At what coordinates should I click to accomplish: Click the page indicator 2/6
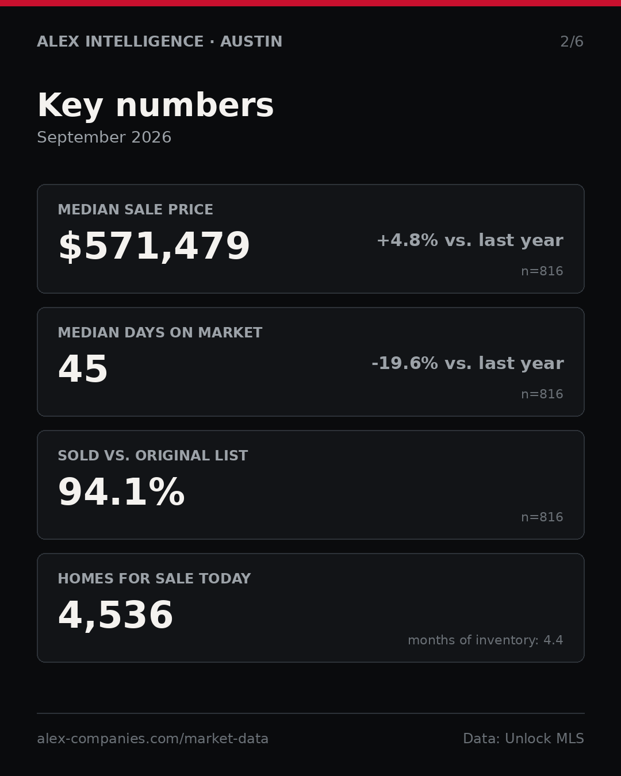572,41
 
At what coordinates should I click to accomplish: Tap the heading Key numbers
155,105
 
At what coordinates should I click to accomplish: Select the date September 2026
104,137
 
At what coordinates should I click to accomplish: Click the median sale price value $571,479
154,246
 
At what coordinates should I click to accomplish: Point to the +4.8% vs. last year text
470,240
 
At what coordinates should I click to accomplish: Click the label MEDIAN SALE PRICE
135,209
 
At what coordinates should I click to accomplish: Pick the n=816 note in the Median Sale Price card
542,271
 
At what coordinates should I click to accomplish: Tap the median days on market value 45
83,368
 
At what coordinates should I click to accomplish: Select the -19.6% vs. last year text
467,363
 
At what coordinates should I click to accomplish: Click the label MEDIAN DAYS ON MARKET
160,332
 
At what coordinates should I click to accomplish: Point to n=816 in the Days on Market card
542,394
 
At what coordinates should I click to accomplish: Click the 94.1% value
121,491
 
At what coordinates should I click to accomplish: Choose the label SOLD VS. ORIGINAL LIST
152,455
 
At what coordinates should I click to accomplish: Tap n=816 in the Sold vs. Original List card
542,517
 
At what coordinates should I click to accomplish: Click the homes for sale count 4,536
116,615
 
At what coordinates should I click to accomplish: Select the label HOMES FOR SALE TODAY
154,578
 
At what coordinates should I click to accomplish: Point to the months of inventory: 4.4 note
485,640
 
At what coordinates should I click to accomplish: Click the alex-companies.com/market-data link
152,739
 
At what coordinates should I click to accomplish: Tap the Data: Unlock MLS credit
523,738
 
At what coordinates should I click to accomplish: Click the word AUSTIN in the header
251,41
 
